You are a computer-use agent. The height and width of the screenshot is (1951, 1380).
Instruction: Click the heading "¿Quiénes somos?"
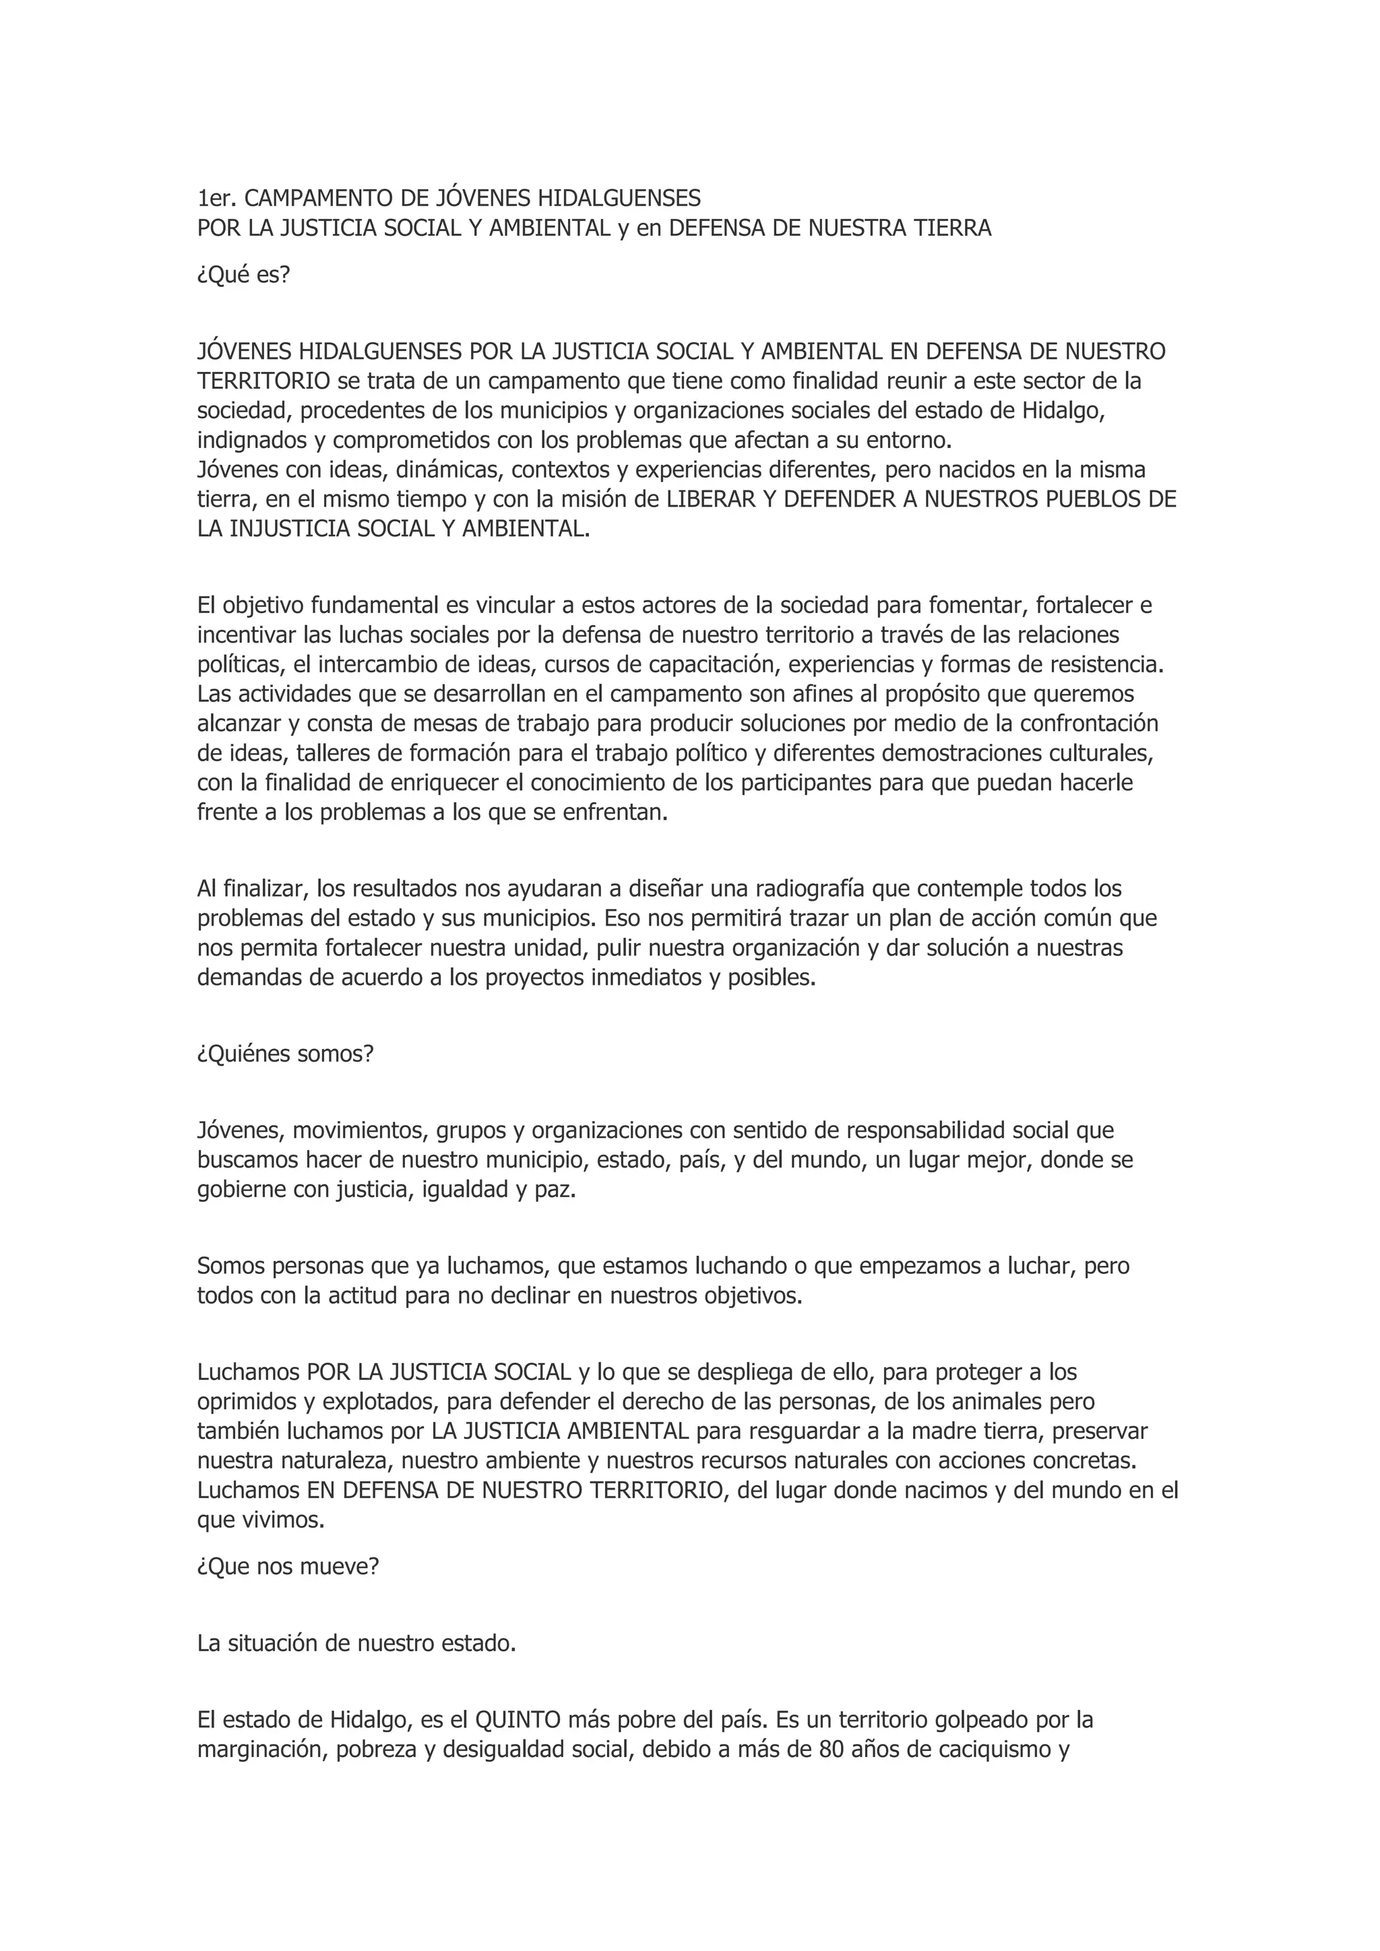[x=286, y=1054]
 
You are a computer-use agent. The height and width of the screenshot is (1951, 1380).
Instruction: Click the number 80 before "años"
[x=830, y=1750]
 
